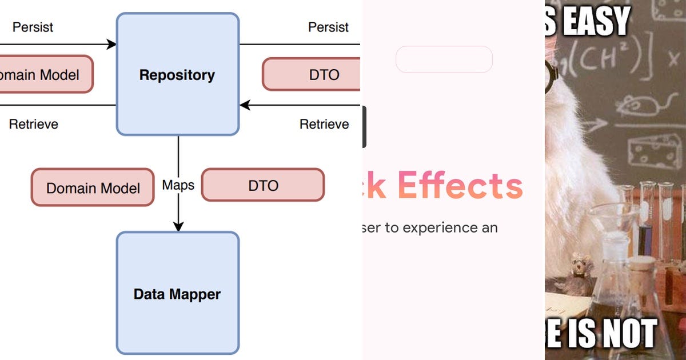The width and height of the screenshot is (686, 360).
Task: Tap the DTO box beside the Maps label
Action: (263, 185)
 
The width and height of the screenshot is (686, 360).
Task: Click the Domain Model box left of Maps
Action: (93, 187)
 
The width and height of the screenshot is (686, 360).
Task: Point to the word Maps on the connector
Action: (178, 185)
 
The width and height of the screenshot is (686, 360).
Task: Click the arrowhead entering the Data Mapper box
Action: (178, 226)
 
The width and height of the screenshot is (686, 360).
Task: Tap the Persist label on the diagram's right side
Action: (328, 27)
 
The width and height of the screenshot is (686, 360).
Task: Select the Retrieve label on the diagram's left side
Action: (33, 124)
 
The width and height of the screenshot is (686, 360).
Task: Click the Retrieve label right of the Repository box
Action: (324, 124)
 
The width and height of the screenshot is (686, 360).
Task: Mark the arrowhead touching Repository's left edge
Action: (111, 44)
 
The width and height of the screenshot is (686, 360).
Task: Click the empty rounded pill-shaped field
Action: (444, 59)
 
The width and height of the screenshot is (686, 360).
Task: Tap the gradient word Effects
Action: (460, 185)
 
